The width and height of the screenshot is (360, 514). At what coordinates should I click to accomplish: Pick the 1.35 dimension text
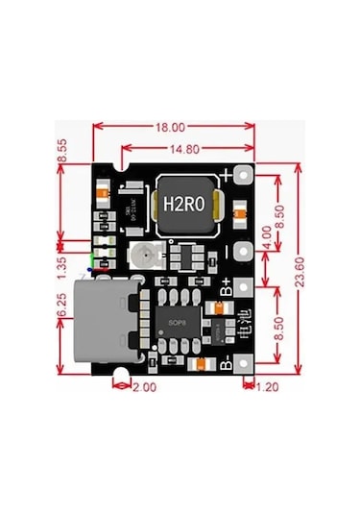pos(61,260)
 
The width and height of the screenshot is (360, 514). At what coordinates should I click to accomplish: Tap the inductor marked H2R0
pos(182,204)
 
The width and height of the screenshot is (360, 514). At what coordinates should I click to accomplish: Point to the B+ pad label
pos(228,285)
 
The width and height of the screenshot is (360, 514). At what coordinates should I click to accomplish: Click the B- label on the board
pos(227,363)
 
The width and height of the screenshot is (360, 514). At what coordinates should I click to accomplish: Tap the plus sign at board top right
pos(227,176)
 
